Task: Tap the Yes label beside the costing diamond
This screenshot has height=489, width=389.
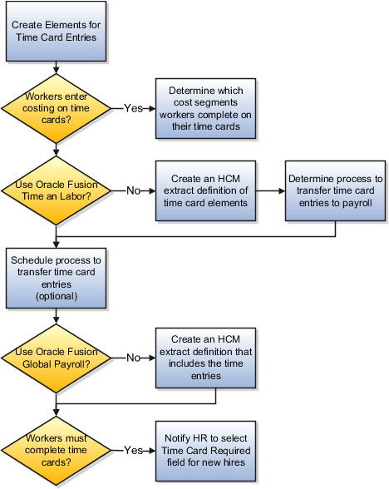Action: click(x=133, y=108)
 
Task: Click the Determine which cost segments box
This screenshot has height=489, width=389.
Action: click(x=204, y=108)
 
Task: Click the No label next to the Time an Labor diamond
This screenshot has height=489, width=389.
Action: click(x=132, y=190)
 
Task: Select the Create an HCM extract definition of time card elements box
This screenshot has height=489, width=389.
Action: click(x=204, y=190)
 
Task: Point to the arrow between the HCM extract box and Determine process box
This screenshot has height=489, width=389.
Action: click(x=269, y=190)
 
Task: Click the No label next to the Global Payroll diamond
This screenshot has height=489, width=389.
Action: click(x=132, y=358)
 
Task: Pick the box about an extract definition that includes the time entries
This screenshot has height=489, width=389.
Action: click(x=204, y=358)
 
